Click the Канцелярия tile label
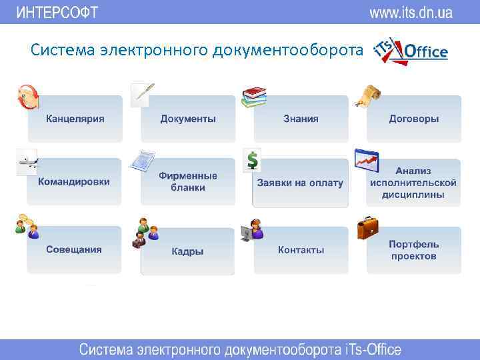point(75,119)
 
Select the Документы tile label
point(188,119)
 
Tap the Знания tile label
point(301,119)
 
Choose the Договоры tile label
point(414,119)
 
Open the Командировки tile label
point(74,181)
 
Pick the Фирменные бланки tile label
point(188,181)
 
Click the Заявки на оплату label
point(301,182)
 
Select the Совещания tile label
point(74,249)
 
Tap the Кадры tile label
point(187,251)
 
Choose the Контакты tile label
point(301,250)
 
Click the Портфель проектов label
point(414,250)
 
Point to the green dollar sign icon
point(253,161)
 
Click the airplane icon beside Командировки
point(27,162)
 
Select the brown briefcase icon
point(367,228)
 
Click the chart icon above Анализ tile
point(366,161)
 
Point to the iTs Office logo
point(410,50)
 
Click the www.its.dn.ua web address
point(411,12)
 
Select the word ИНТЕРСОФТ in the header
point(57,12)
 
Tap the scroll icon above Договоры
point(367,97)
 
